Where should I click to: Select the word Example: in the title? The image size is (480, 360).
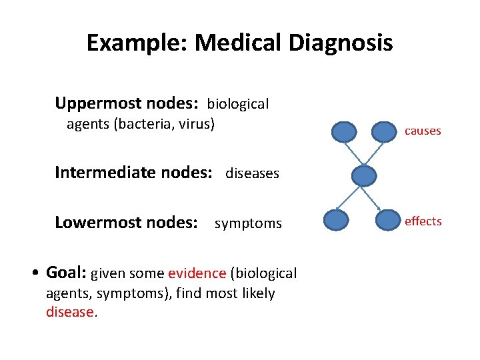click(x=138, y=43)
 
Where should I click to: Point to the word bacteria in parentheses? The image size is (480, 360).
click(x=141, y=124)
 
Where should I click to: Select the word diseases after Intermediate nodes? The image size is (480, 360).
click(x=252, y=174)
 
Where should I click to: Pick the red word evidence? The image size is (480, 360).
click(x=197, y=273)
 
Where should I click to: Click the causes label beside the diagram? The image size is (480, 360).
click(x=423, y=131)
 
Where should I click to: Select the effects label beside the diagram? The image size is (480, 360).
click(x=423, y=222)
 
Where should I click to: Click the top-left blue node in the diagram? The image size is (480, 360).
click(x=345, y=131)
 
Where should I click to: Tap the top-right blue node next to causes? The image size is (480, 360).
click(x=383, y=131)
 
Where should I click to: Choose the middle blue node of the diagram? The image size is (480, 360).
click(x=364, y=175)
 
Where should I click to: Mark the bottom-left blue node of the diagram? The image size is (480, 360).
click(x=335, y=220)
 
